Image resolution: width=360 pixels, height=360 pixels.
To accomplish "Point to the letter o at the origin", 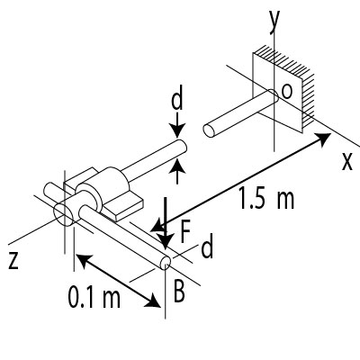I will click(x=286, y=92).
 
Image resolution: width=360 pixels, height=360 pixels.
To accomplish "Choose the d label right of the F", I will click(x=207, y=248).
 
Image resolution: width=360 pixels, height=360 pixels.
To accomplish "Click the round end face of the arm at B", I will click(x=166, y=264).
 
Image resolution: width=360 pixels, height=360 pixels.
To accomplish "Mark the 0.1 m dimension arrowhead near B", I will click(x=157, y=304).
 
